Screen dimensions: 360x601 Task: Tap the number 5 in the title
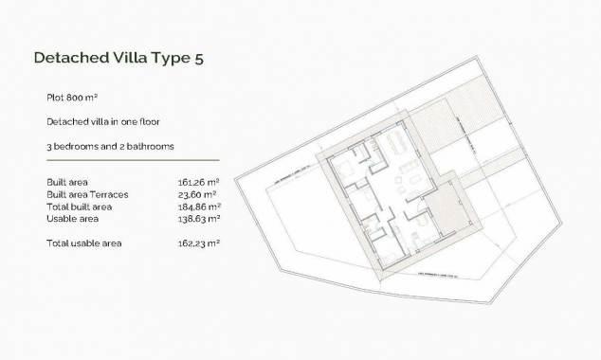pyautogui.click(x=198, y=58)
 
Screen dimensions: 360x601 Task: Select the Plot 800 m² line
pyautogui.click(x=72, y=98)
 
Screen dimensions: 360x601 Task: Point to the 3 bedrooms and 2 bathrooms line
pyautogui.click(x=110, y=147)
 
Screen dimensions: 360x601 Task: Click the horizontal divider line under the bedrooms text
pyautogui.click(x=133, y=160)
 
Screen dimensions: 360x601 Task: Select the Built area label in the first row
pyautogui.click(x=67, y=181)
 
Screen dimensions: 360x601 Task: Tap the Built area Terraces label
pyautogui.click(x=87, y=193)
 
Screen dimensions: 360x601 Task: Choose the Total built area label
pyautogui.click(x=80, y=206)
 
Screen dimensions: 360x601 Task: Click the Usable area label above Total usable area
pyautogui.click(x=73, y=218)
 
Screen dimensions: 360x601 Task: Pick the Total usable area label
pyautogui.click(x=84, y=243)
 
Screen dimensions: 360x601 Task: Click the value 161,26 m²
pyautogui.click(x=199, y=181)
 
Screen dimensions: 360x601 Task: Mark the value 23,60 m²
pyautogui.click(x=199, y=193)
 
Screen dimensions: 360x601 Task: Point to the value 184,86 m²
pyautogui.click(x=199, y=206)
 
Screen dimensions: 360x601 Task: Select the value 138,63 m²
pyautogui.click(x=199, y=218)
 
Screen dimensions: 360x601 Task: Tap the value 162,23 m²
pyautogui.click(x=199, y=243)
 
